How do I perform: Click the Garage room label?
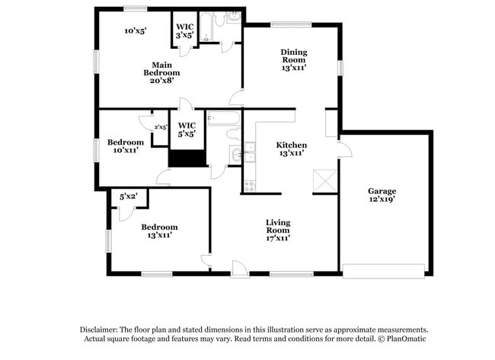[382, 191]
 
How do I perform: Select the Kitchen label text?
[291, 145]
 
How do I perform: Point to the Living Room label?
[278, 226]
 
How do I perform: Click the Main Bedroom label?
[166, 68]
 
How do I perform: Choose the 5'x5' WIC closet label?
[187, 129]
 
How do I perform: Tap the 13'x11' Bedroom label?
[159, 231]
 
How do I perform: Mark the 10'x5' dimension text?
[136, 31]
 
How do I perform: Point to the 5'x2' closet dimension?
[129, 197]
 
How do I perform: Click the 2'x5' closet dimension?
[161, 127]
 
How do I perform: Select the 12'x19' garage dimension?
[382, 199]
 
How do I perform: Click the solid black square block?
[188, 158]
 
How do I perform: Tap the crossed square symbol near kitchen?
[323, 180]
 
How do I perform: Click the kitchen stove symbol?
[248, 186]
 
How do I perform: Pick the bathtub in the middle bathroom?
[223, 119]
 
